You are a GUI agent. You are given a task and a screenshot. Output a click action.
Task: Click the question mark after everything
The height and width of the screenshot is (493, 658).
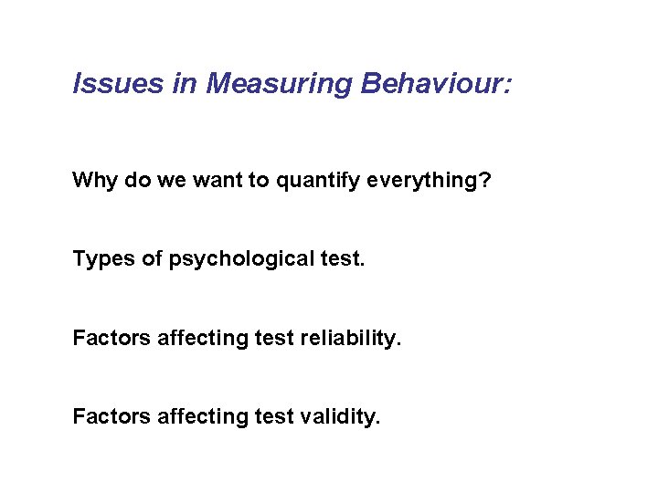pyautogui.click(x=484, y=180)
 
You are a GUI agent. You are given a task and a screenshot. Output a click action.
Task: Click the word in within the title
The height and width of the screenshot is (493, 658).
pyautogui.click(x=182, y=85)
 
